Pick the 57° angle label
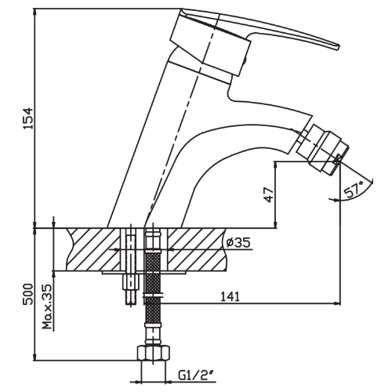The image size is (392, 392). [x=354, y=188]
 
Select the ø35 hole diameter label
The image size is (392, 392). [x=238, y=242]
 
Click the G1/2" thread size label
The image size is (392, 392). [x=195, y=375]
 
